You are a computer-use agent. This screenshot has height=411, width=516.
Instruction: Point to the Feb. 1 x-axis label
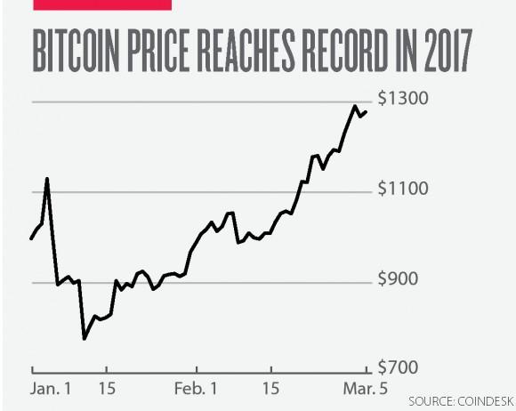(195, 389)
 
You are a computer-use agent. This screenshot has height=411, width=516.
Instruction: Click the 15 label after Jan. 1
(106, 389)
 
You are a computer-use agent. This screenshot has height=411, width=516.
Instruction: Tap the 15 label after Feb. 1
(270, 389)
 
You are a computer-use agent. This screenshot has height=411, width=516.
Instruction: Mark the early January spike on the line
(47, 179)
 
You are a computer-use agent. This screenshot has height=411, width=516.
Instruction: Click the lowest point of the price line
(84, 338)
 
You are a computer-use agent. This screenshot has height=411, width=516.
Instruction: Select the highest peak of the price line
(355, 107)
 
